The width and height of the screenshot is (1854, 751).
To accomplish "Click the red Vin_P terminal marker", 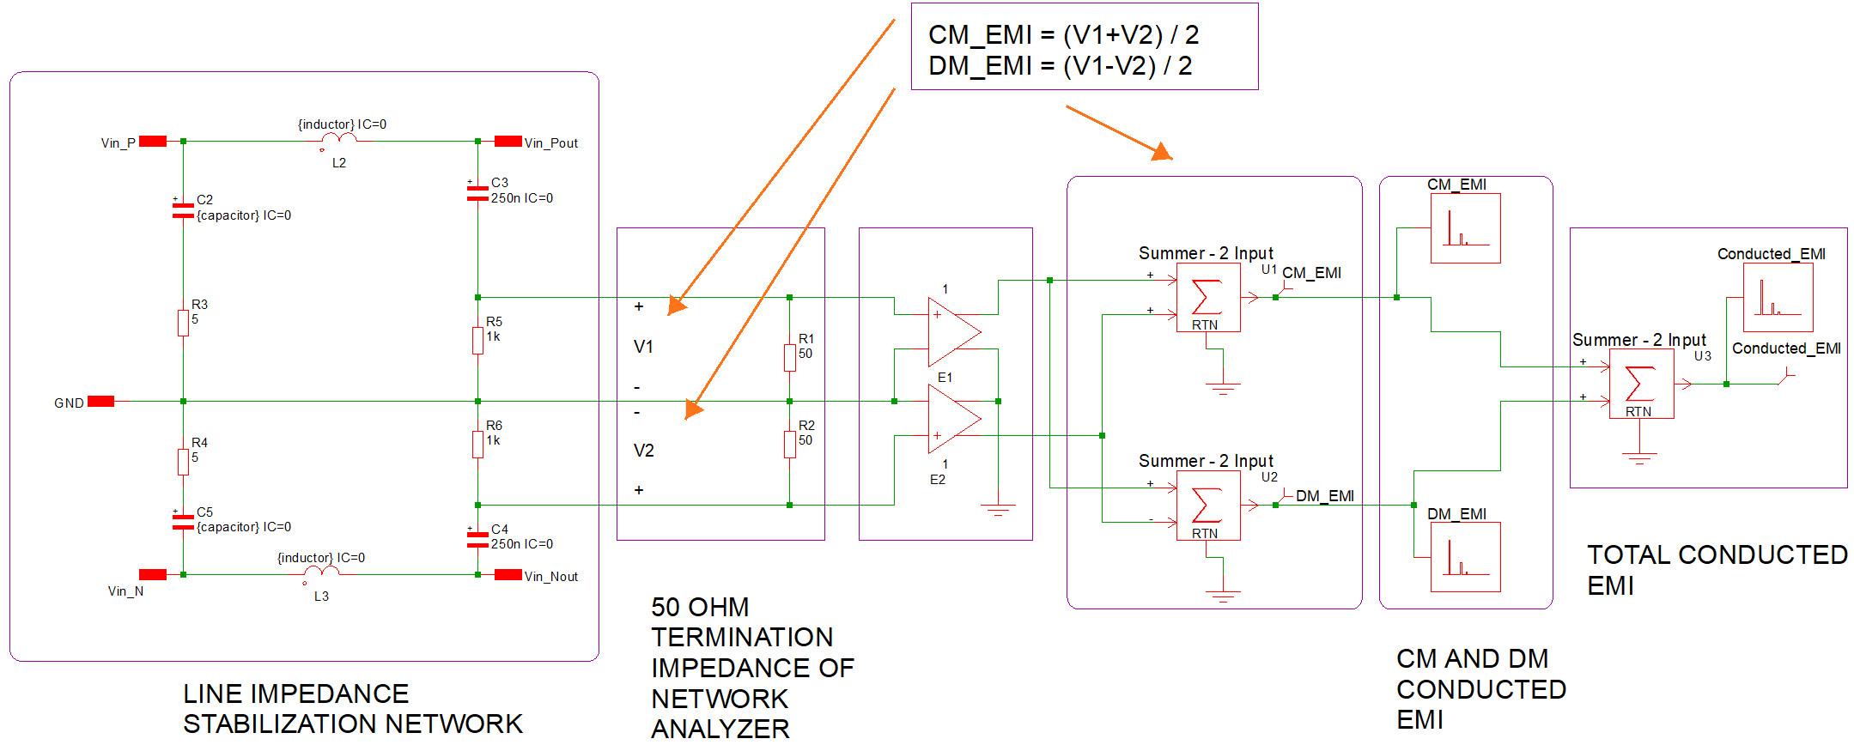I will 153,142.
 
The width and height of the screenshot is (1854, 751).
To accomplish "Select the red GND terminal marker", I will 100,402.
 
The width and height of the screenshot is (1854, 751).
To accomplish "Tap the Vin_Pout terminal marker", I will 508,142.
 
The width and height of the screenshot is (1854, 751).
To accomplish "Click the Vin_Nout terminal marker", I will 508,575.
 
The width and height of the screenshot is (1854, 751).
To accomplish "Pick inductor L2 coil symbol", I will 339,138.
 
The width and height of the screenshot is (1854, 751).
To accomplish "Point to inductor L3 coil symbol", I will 321,572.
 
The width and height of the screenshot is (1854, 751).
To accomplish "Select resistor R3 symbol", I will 183,323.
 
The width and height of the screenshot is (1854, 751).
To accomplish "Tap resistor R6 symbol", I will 477,444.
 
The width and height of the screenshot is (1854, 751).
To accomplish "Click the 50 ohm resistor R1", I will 789,357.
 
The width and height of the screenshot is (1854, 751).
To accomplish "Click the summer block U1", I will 1207,297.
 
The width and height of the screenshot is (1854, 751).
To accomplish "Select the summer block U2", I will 1207,506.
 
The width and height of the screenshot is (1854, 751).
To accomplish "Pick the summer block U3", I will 1640,384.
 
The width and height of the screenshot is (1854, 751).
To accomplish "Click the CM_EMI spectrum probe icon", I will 1465,228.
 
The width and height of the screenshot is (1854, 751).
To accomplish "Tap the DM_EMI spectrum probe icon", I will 1465,557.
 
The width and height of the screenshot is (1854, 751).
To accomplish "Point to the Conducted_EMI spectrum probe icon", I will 1778,297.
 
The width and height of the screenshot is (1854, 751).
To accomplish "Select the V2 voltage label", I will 644,451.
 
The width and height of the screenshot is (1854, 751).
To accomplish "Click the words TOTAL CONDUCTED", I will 1717,555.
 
